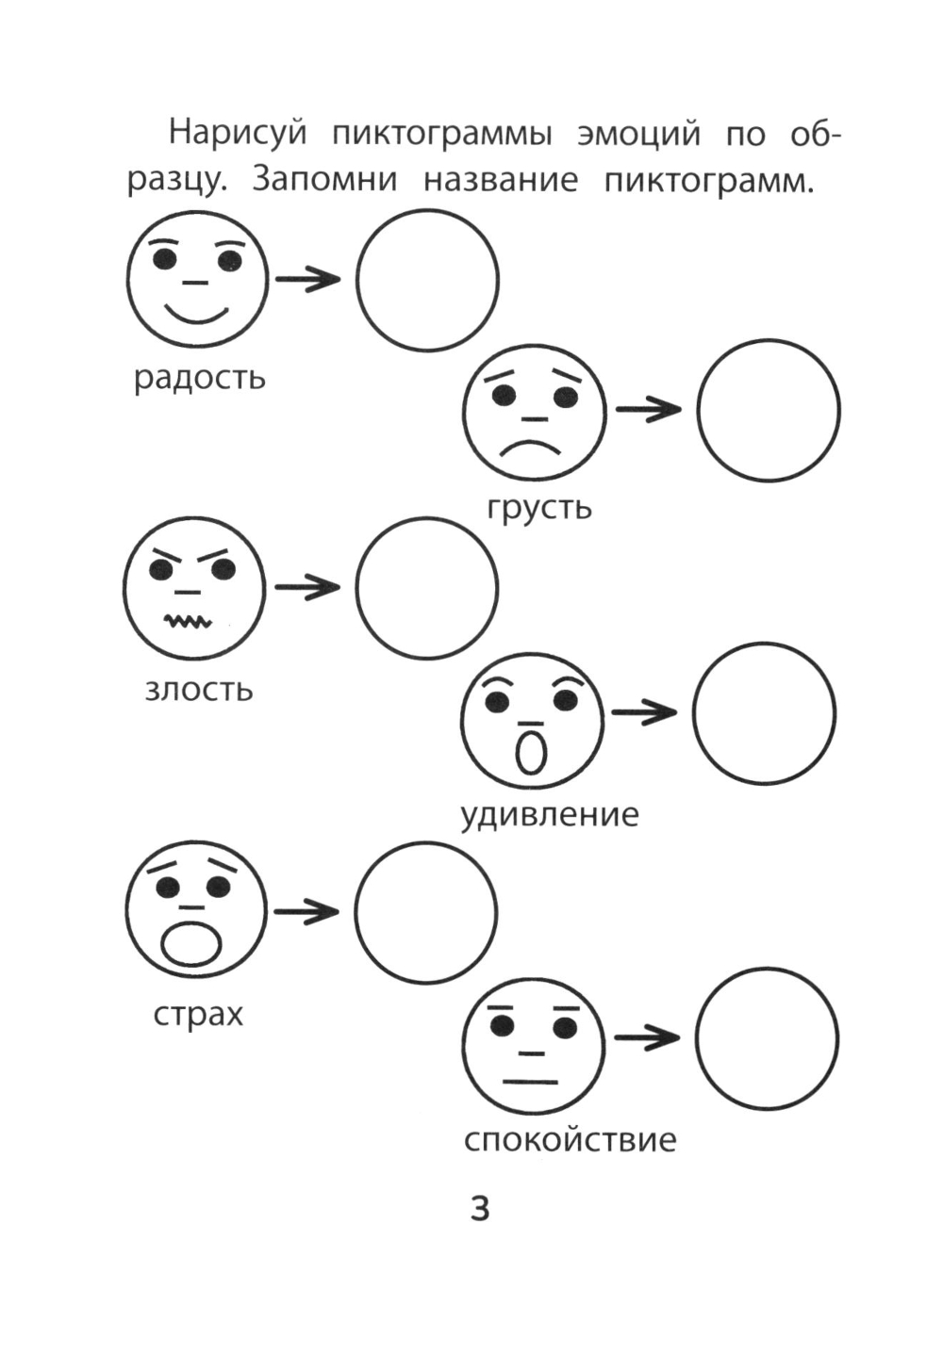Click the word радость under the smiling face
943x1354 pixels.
point(199,378)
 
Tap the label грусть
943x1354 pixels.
point(538,508)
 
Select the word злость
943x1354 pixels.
point(198,690)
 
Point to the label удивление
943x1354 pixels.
point(549,814)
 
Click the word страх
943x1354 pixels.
point(197,1015)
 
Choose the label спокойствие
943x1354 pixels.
point(570,1140)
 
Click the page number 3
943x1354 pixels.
point(480,1208)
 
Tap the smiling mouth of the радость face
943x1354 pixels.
point(196,313)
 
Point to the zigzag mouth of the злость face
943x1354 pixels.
point(189,621)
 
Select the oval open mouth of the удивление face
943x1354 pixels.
point(531,751)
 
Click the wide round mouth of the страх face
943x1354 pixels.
point(192,944)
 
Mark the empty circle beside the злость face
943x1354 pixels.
point(426,587)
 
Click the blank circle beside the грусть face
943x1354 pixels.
point(768,411)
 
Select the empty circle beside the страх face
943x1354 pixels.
point(425,912)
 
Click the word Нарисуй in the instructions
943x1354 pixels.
point(238,134)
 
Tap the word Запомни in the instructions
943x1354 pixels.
point(323,179)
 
